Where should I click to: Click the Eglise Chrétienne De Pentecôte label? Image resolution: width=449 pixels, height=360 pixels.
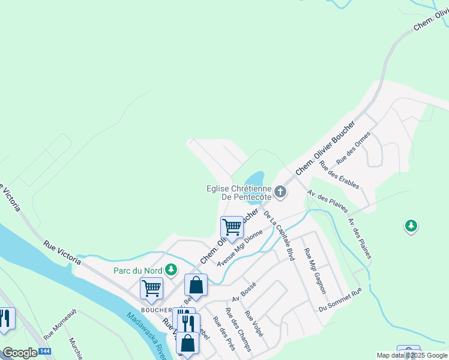pyautogui.click(x=239, y=193)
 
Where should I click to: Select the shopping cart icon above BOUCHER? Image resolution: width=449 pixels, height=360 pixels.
pyautogui.click(x=151, y=288)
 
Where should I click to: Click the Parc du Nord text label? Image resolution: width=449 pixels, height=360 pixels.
pyautogui.click(x=139, y=270)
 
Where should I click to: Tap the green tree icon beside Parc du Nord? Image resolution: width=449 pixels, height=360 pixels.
pyautogui.click(x=171, y=270)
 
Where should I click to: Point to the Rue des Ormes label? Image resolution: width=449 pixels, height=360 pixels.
pyautogui.click(x=354, y=149)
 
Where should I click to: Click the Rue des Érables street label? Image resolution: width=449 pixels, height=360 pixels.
pyautogui.click(x=340, y=175)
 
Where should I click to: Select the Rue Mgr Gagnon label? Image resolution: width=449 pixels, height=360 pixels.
pyautogui.click(x=315, y=271)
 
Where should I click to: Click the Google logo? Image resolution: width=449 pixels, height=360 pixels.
pyautogui.click(x=20, y=353)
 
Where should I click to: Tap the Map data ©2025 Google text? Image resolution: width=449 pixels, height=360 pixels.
pyautogui.click(x=412, y=355)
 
